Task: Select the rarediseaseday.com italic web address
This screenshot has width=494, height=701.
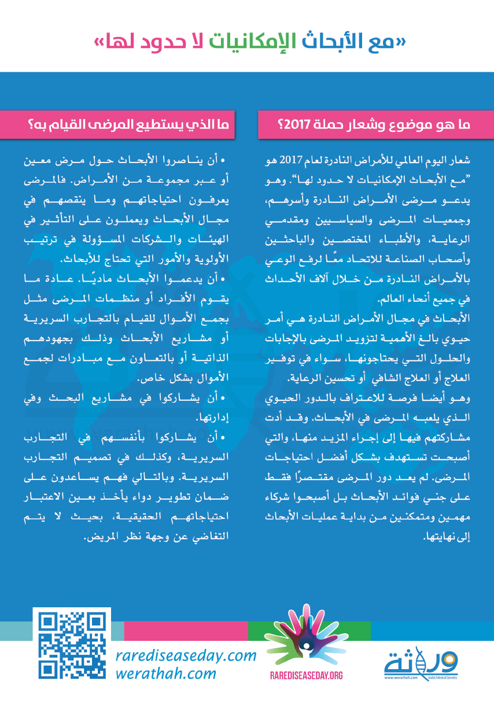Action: [186, 656]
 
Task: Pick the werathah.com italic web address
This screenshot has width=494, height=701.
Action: [165, 673]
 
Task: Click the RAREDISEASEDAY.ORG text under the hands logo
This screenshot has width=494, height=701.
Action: [307, 675]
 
